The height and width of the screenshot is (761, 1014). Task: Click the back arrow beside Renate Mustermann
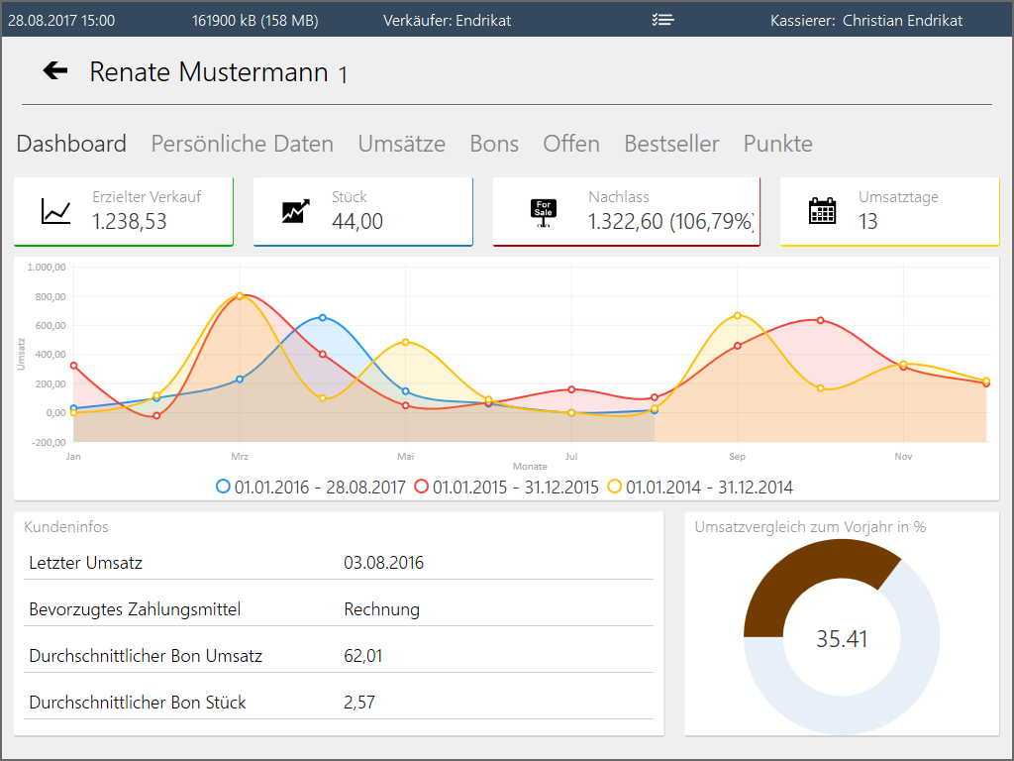[55, 70]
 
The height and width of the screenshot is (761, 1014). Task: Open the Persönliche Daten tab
[242, 144]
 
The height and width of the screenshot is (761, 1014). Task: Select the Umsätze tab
[401, 144]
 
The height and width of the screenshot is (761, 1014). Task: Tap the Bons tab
[494, 144]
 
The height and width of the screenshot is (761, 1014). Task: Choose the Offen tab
[571, 144]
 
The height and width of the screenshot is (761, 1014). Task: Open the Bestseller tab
[671, 144]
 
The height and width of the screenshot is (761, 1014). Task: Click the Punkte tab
[777, 144]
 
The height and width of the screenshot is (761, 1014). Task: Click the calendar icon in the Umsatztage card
[823, 211]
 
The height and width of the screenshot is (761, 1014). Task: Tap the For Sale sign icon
[544, 212]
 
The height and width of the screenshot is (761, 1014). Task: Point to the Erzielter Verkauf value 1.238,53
[130, 222]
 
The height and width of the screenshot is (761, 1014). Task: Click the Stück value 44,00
[357, 222]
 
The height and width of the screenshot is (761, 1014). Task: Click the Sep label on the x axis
[738, 457]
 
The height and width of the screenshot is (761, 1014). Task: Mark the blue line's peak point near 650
[323, 318]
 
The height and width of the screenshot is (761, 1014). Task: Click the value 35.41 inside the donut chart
[842, 639]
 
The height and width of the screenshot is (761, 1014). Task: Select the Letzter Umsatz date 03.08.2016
[384, 563]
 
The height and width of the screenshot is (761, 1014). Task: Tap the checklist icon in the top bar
[663, 20]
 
